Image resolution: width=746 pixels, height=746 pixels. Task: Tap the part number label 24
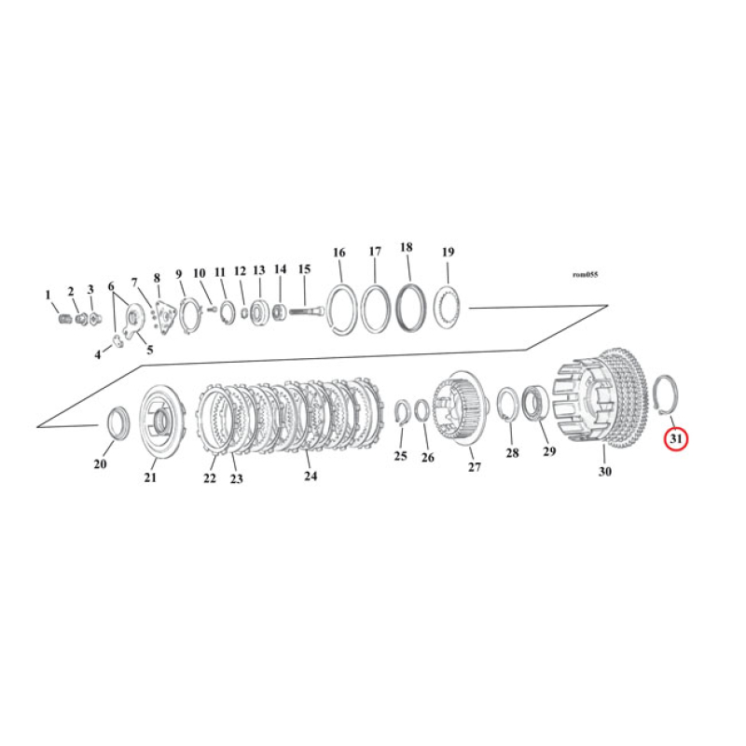311,476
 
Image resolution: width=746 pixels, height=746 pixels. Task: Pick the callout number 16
338,253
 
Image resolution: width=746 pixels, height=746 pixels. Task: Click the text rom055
586,275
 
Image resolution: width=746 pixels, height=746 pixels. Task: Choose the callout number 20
100,464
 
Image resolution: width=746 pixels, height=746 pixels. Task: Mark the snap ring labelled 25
401,413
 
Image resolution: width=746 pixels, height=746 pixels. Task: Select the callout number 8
157,277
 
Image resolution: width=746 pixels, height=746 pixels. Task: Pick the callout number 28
511,452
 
